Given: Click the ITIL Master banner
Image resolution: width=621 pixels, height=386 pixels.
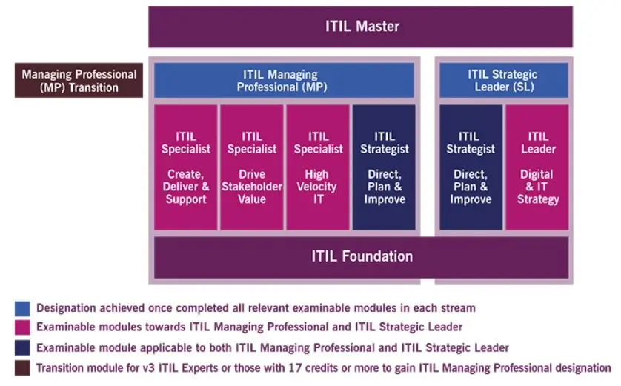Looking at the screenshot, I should pos(361,27).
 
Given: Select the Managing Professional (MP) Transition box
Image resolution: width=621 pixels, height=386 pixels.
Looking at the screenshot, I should pos(79,81).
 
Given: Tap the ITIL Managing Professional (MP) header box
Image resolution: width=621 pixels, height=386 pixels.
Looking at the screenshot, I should pos(283,80).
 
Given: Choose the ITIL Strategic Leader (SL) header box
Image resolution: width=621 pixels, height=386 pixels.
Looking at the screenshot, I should pos(503,80).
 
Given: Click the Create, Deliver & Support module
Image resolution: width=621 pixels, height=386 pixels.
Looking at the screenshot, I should pos(185,167).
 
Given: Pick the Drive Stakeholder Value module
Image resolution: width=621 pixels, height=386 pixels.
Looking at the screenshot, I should pos(252,167).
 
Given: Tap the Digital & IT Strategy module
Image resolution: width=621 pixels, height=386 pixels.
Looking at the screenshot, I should pos(538,167).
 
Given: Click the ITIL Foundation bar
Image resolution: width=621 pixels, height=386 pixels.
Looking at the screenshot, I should pos(361,257).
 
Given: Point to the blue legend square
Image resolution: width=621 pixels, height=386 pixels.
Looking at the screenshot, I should pos(22,307).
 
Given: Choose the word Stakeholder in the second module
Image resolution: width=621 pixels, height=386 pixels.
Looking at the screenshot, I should pos(252,187).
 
